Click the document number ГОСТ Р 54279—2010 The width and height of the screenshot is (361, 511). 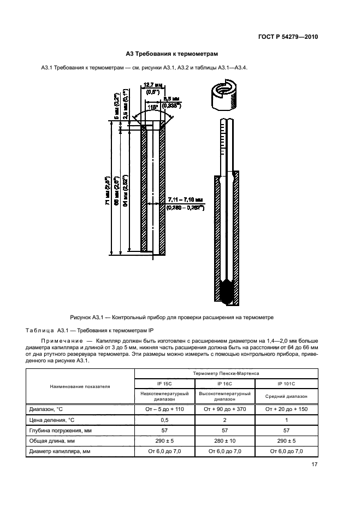288,37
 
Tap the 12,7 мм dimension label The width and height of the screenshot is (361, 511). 151,85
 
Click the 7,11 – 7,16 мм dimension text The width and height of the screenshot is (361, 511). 185,201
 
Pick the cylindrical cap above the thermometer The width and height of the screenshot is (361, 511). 223,99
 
